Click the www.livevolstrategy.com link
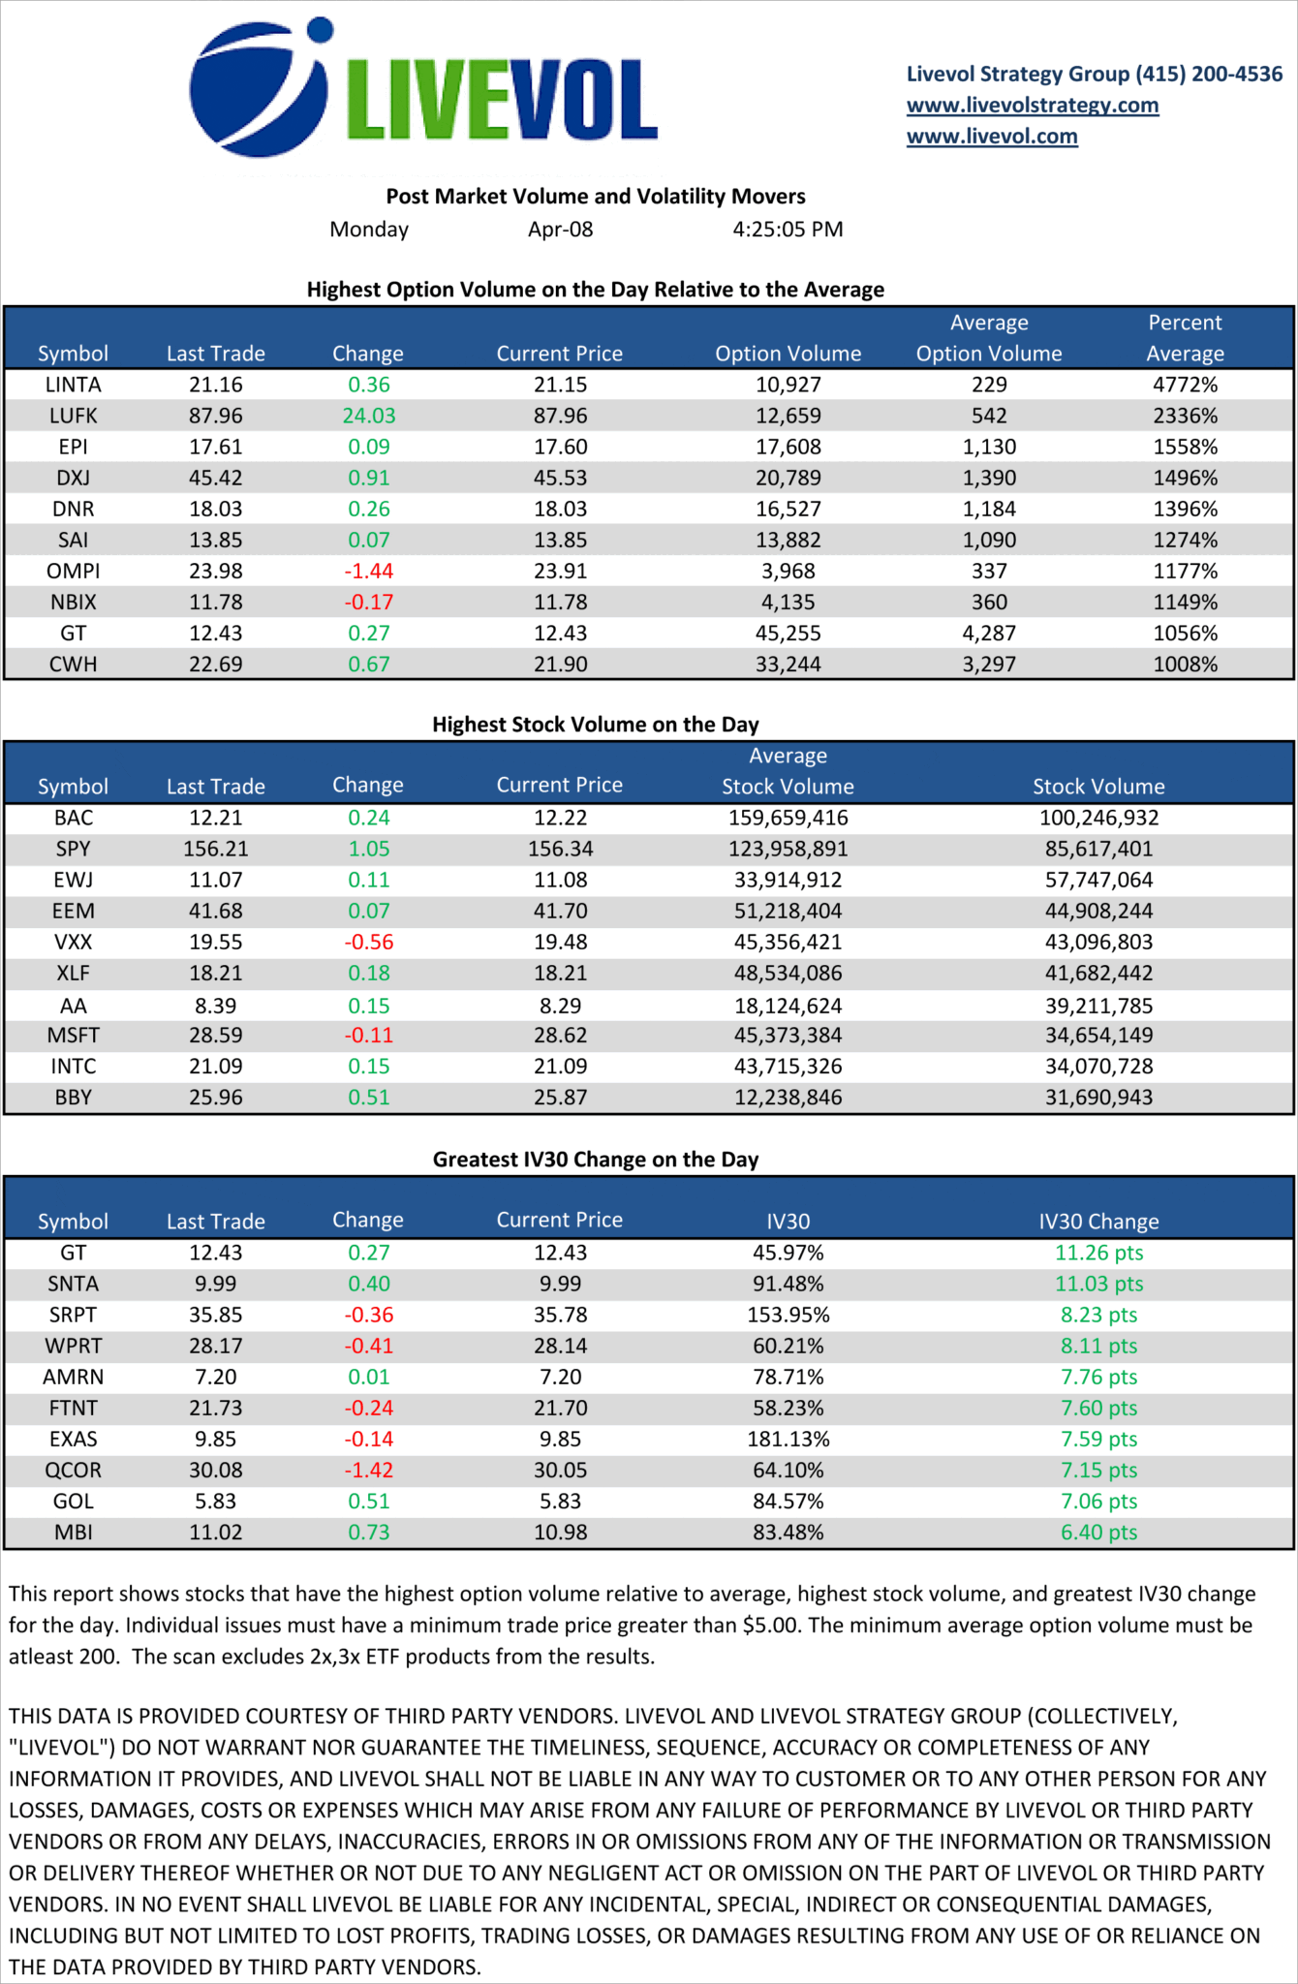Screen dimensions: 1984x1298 [x=1033, y=105]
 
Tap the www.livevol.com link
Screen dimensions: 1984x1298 [x=992, y=136]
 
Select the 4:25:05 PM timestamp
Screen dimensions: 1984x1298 [x=788, y=230]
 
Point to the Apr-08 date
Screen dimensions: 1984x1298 [x=560, y=230]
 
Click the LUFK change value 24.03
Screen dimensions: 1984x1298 [x=368, y=416]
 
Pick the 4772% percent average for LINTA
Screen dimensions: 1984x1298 [x=1185, y=385]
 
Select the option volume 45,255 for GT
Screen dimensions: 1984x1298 [x=788, y=633]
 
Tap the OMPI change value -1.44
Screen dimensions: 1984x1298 [x=368, y=571]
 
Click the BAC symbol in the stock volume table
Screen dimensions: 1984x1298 [x=74, y=818]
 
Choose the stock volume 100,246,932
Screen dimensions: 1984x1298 [x=1098, y=818]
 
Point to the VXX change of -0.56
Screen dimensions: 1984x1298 [x=368, y=942]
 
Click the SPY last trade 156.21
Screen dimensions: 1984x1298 [x=215, y=849]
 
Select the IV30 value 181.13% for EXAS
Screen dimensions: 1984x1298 [x=788, y=1439]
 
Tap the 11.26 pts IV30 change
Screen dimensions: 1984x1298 [x=1098, y=1253]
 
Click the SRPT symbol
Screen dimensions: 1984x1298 [x=74, y=1315]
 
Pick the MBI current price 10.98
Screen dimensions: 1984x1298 [x=560, y=1532]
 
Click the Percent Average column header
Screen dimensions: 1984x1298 [x=1185, y=338]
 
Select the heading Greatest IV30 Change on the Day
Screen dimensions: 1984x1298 [x=595, y=1160]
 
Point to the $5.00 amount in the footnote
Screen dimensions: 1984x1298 [x=771, y=1625]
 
